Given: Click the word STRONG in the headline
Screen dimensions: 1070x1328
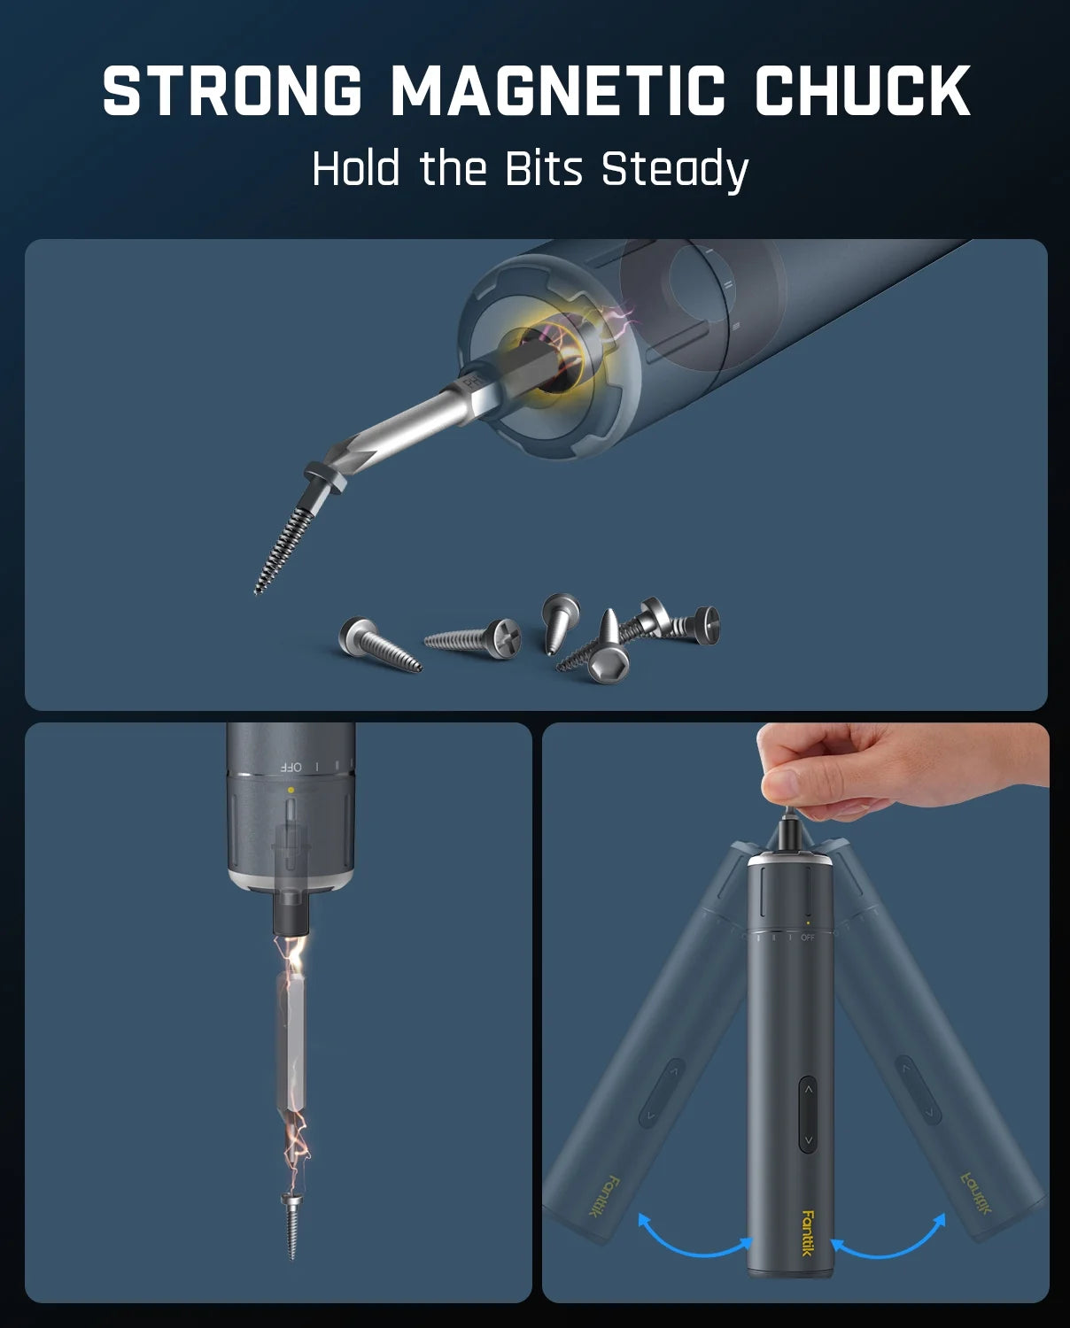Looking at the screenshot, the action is pos(232,90).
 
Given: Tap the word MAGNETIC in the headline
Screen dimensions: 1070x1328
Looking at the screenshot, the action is pos(558,90).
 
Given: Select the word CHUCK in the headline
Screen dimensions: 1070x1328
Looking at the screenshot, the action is pos(863,90).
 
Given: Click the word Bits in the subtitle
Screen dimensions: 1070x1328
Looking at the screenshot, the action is pos(544,168).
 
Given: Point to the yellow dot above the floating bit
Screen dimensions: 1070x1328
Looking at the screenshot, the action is pos(291,789).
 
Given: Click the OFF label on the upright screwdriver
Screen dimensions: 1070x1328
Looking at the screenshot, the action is pos(808,938).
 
